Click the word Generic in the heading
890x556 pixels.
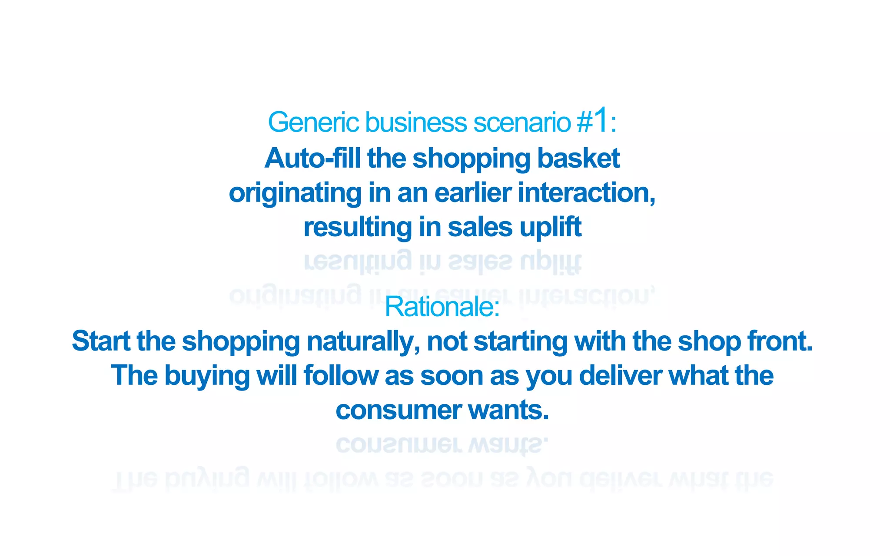[x=313, y=122]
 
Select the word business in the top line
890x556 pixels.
[x=416, y=122]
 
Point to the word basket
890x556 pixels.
[x=578, y=158]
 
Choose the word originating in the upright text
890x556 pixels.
[x=295, y=193]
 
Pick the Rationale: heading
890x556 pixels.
[x=442, y=307]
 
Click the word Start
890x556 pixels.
[x=101, y=341]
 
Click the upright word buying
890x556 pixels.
[x=206, y=376]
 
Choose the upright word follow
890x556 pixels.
[x=341, y=375]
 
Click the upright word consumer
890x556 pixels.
[x=399, y=410]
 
